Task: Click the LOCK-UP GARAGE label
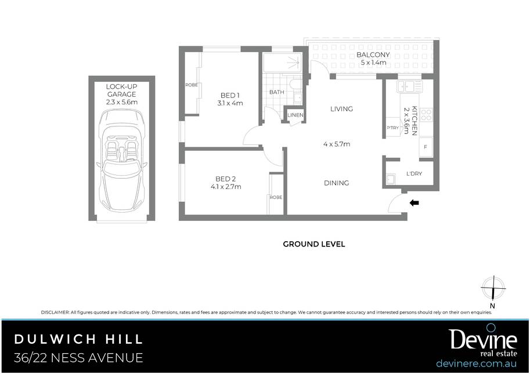pyautogui.click(x=122, y=90)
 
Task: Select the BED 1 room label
pyautogui.click(x=230, y=95)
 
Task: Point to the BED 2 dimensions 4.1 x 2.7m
pyautogui.click(x=226, y=187)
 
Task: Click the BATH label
pyautogui.click(x=276, y=92)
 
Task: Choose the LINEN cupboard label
pyautogui.click(x=295, y=115)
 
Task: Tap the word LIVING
pyautogui.click(x=341, y=108)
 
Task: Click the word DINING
pyautogui.click(x=336, y=183)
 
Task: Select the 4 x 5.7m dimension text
pyautogui.click(x=337, y=144)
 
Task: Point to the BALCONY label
pyautogui.click(x=373, y=55)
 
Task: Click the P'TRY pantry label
pyautogui.click(x=392, y=128)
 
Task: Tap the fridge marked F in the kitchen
pyautogui.click(x=426, y=147)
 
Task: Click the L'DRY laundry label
pyautogui.click(x=414, y=173)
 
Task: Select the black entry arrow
pyautogui.click(x=414, y=203)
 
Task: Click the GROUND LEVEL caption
pyautogui.click(x=314, y=244)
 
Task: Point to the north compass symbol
pyautogui.click(x=493, y=289)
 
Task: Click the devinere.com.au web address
pyautogui.click(x=477, y=364)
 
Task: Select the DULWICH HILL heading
pyautogui.click(x=78, y=339)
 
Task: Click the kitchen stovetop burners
pyautogui.click(x=426, y=114)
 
